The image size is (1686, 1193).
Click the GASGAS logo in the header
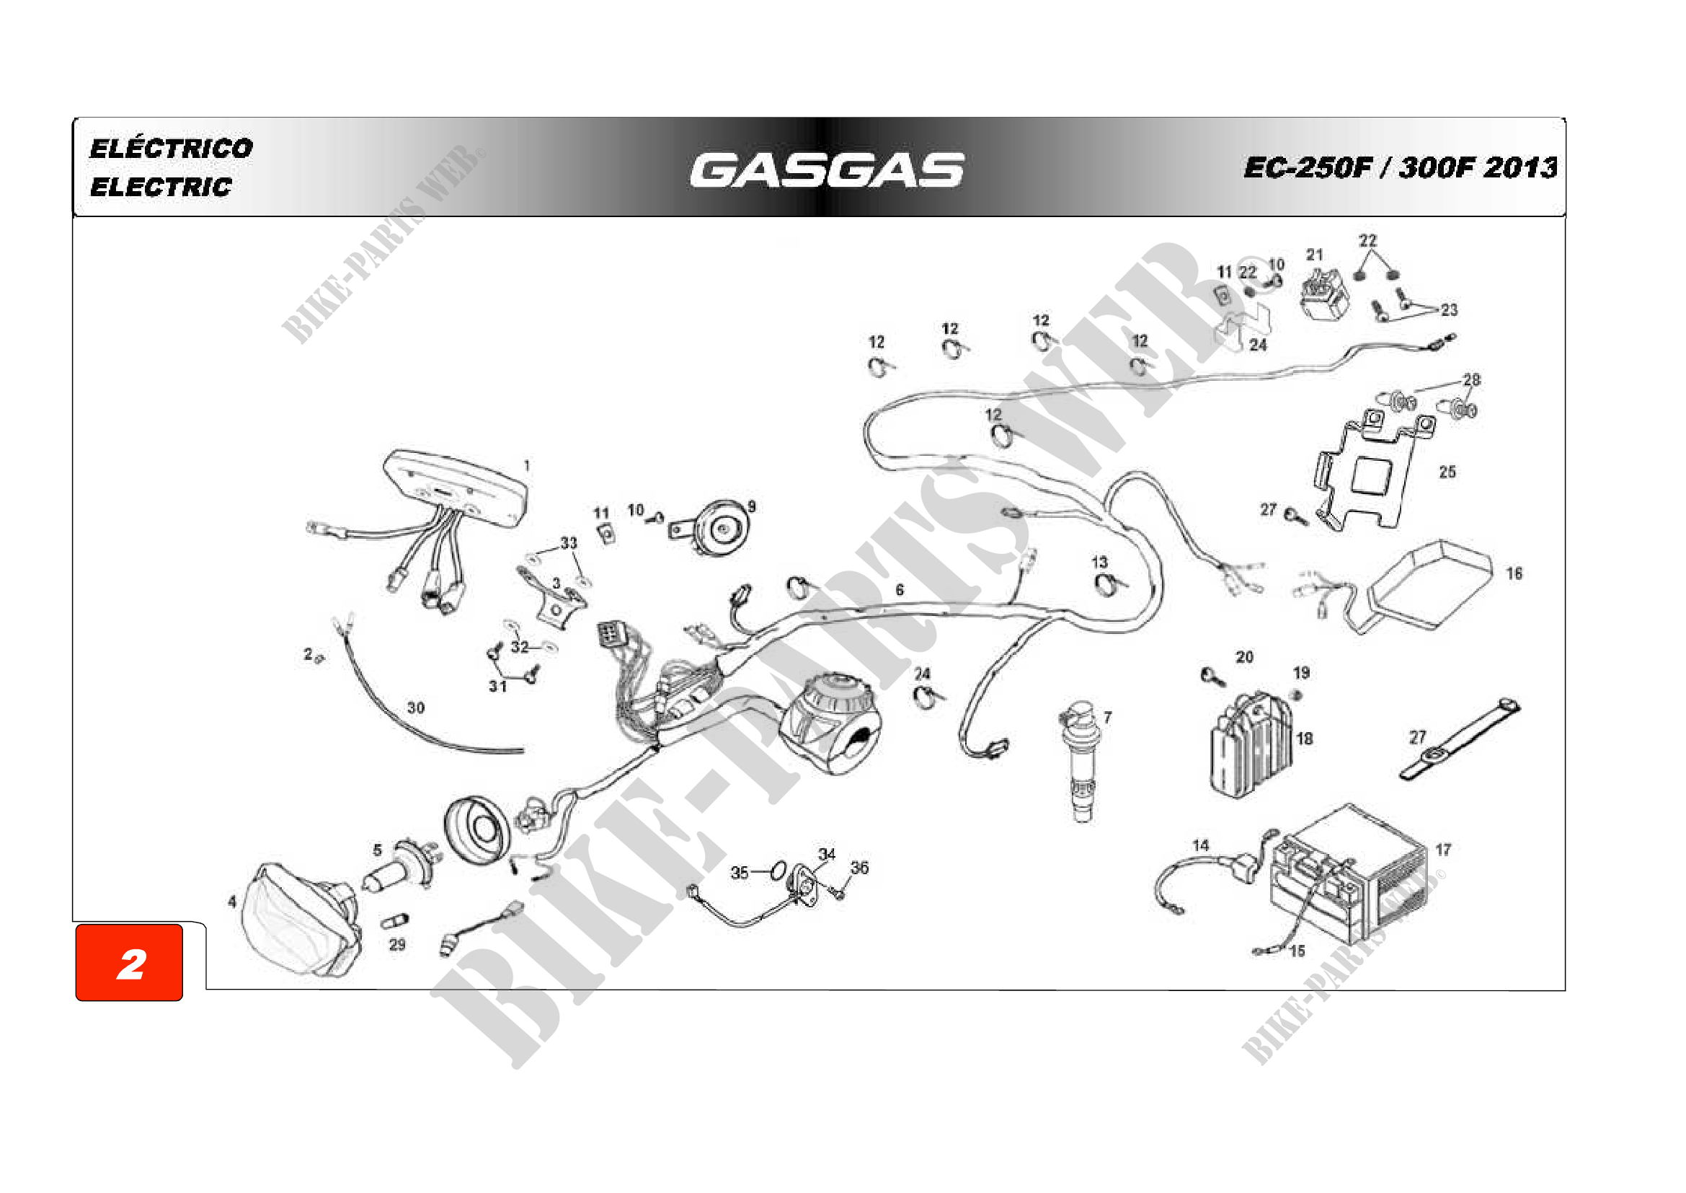(827, 170)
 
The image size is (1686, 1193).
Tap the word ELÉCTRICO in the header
(171, 149)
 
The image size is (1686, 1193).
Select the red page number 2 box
(129, 963)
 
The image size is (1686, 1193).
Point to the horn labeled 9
(718, 527)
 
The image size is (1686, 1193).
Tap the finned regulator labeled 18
(1251, 744)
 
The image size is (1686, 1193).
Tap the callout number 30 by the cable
(416, 708)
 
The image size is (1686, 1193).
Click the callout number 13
(1099, 562)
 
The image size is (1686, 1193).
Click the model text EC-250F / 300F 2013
(1400, 167)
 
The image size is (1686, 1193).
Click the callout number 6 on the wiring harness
(900, 590)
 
